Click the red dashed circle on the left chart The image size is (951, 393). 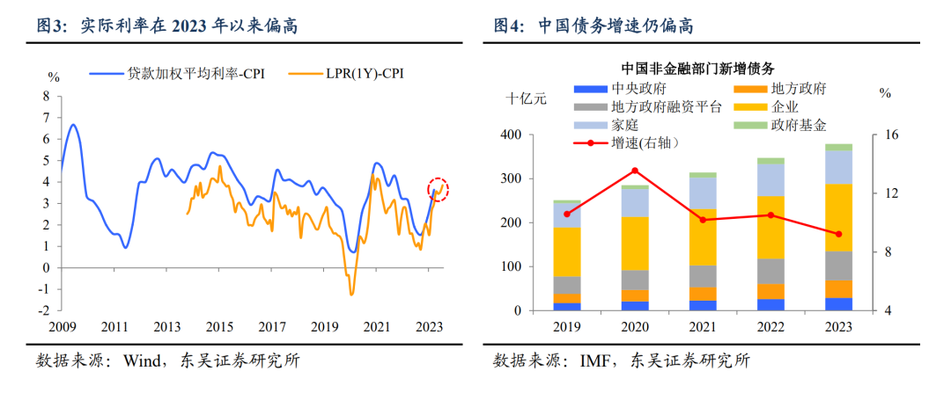coord(439,189)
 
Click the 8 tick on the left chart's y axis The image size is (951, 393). coord(47,96)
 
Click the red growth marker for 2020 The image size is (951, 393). coord(635,171)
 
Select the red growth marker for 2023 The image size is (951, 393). coord(838,234)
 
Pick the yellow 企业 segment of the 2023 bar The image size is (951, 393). coord(838,217)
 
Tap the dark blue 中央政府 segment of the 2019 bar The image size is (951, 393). coord(567,306)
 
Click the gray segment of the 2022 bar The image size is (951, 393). coord(770,271)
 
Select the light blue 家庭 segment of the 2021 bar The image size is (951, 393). coord(703,193)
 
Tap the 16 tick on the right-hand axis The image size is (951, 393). coord(890,135)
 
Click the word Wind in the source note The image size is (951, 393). coord(144,360)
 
